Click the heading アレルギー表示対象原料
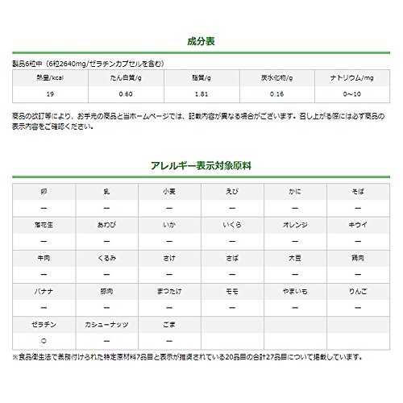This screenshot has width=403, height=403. coord(201,167)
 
